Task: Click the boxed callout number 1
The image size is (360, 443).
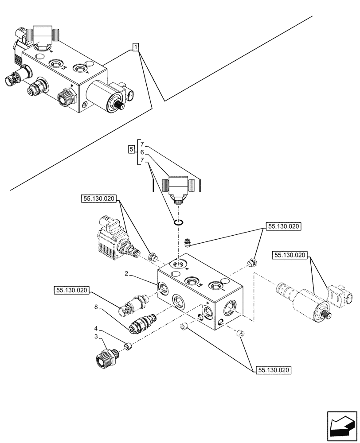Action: [136, 47]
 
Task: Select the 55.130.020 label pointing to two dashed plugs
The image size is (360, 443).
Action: [274, 369]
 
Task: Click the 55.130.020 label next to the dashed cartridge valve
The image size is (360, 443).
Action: [72, 291]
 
